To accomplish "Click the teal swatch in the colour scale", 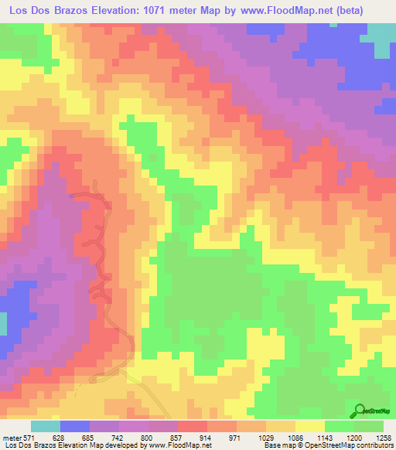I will [46, 426].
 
